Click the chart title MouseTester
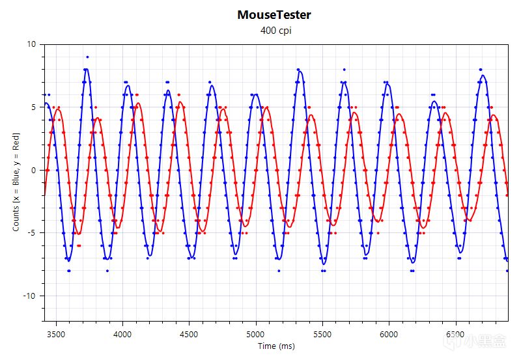tap(274, 14)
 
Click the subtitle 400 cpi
tap(274, 31)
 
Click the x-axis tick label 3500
tap(56, 333)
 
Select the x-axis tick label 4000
tap(122, 333)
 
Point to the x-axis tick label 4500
tap(189, 333)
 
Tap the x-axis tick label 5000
tap(256, 333)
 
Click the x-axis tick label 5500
tap(322, 333)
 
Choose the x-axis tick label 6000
tap(389, 333)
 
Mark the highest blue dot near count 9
tap(87, 57)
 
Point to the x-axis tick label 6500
tap(455, 333)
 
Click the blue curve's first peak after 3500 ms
tap(86, 68)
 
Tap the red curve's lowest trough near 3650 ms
tap(78, 233)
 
